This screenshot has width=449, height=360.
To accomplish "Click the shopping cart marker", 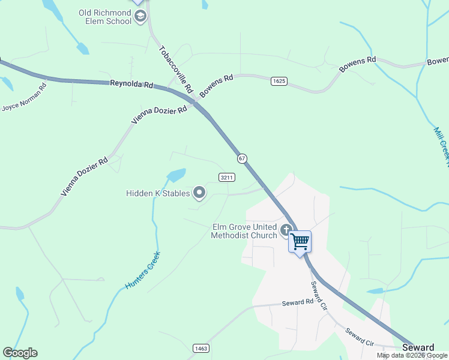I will coord(300,242).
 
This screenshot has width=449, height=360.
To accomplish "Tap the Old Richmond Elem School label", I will coord(105,17).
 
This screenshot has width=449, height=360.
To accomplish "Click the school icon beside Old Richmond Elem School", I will coord(140,16).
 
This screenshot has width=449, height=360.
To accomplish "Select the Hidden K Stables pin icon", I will coord(199,193).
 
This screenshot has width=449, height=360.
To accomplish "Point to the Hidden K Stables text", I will coord(158,193).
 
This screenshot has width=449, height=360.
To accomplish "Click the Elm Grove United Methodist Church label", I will coord(244,231).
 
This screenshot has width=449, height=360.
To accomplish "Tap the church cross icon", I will coord(286,229).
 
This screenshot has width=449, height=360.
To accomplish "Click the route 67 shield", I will coord(242,158).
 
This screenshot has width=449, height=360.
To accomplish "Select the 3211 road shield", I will coord(227,177).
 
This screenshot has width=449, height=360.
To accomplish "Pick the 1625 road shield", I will coord(278,81).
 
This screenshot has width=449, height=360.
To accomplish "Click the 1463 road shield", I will coord(200,348).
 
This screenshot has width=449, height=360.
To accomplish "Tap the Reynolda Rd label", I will coord(131,85).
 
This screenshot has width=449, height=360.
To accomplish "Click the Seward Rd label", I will coord(298,303).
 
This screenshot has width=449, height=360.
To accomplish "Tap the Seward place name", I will coord(418,348).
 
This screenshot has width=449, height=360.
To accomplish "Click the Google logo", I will coord(20,353).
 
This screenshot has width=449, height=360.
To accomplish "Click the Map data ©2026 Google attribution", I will coord(412,355).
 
